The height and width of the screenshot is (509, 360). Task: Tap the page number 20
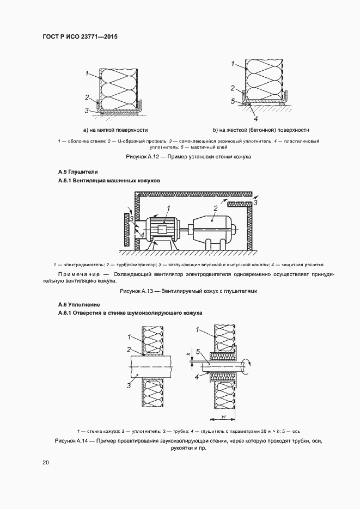pos(46,463)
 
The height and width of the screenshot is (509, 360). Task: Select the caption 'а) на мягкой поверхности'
pos(115,130)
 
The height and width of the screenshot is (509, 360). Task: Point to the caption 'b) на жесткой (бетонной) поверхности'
pos(261,130)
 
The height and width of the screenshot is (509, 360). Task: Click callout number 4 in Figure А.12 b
pos(255,118)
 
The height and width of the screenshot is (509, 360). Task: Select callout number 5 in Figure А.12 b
pos(233,101)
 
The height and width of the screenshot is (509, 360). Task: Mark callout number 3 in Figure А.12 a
pos(87,110)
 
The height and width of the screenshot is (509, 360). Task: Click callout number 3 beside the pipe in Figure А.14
pos(128,385)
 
